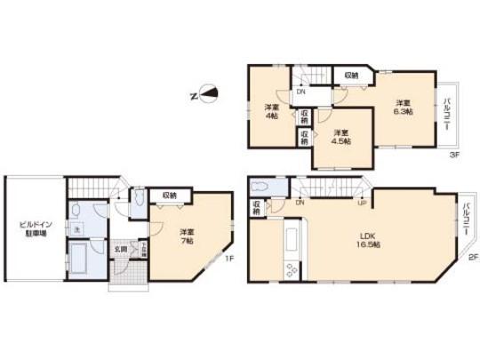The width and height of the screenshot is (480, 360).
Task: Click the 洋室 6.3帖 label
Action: click(x=404, y=105)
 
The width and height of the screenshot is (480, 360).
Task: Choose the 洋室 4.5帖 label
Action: click(x=340, y=137)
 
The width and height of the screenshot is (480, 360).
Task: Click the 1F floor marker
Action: click(x=228, y=260)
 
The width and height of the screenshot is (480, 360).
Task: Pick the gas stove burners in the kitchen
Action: click(x=291, y=269)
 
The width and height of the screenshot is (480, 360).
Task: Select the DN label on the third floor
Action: click(x=302, y=92)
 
